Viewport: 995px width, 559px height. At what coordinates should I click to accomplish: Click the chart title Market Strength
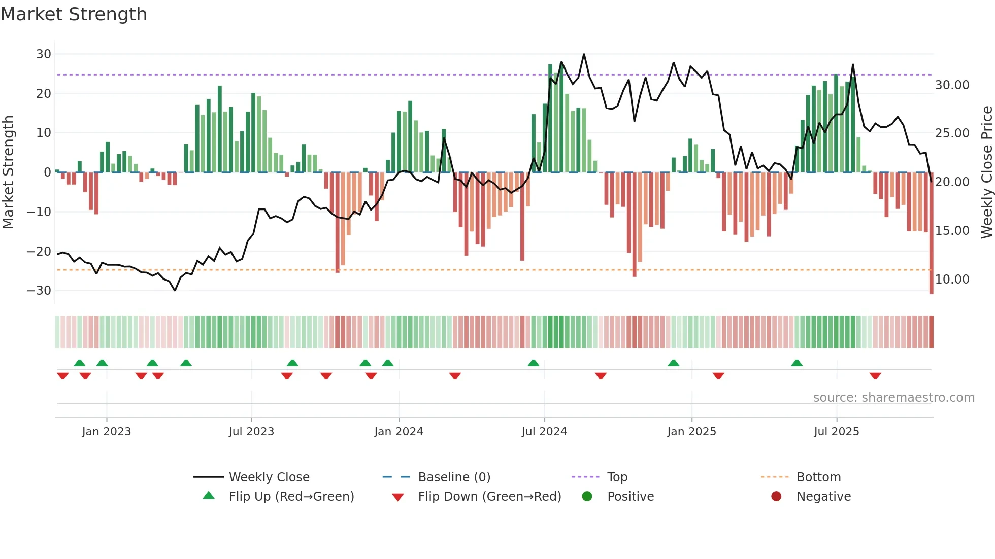point(74,14)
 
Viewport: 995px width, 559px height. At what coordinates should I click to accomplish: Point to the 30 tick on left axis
point(44,54)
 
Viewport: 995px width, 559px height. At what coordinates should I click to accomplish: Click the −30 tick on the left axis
point(39,291)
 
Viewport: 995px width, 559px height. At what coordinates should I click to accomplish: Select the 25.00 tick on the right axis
point(952,133)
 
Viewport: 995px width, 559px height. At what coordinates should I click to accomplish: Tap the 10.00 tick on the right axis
point(952,279)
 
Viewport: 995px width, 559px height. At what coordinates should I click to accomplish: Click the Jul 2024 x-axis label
point(544,432)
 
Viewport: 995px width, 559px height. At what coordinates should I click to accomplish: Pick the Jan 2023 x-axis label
point(107,432)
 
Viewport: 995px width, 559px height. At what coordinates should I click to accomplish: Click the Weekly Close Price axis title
point(986,172)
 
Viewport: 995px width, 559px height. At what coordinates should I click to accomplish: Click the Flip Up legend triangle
point(209,496)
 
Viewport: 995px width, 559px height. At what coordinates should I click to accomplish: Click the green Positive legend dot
point(587,497)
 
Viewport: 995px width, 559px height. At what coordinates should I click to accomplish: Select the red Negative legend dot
point(776,497)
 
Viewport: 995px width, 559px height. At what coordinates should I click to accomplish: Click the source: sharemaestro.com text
point(893,398)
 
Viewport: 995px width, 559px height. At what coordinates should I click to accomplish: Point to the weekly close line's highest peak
point(584,54)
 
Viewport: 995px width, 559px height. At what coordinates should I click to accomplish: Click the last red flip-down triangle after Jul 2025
point(875,376)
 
